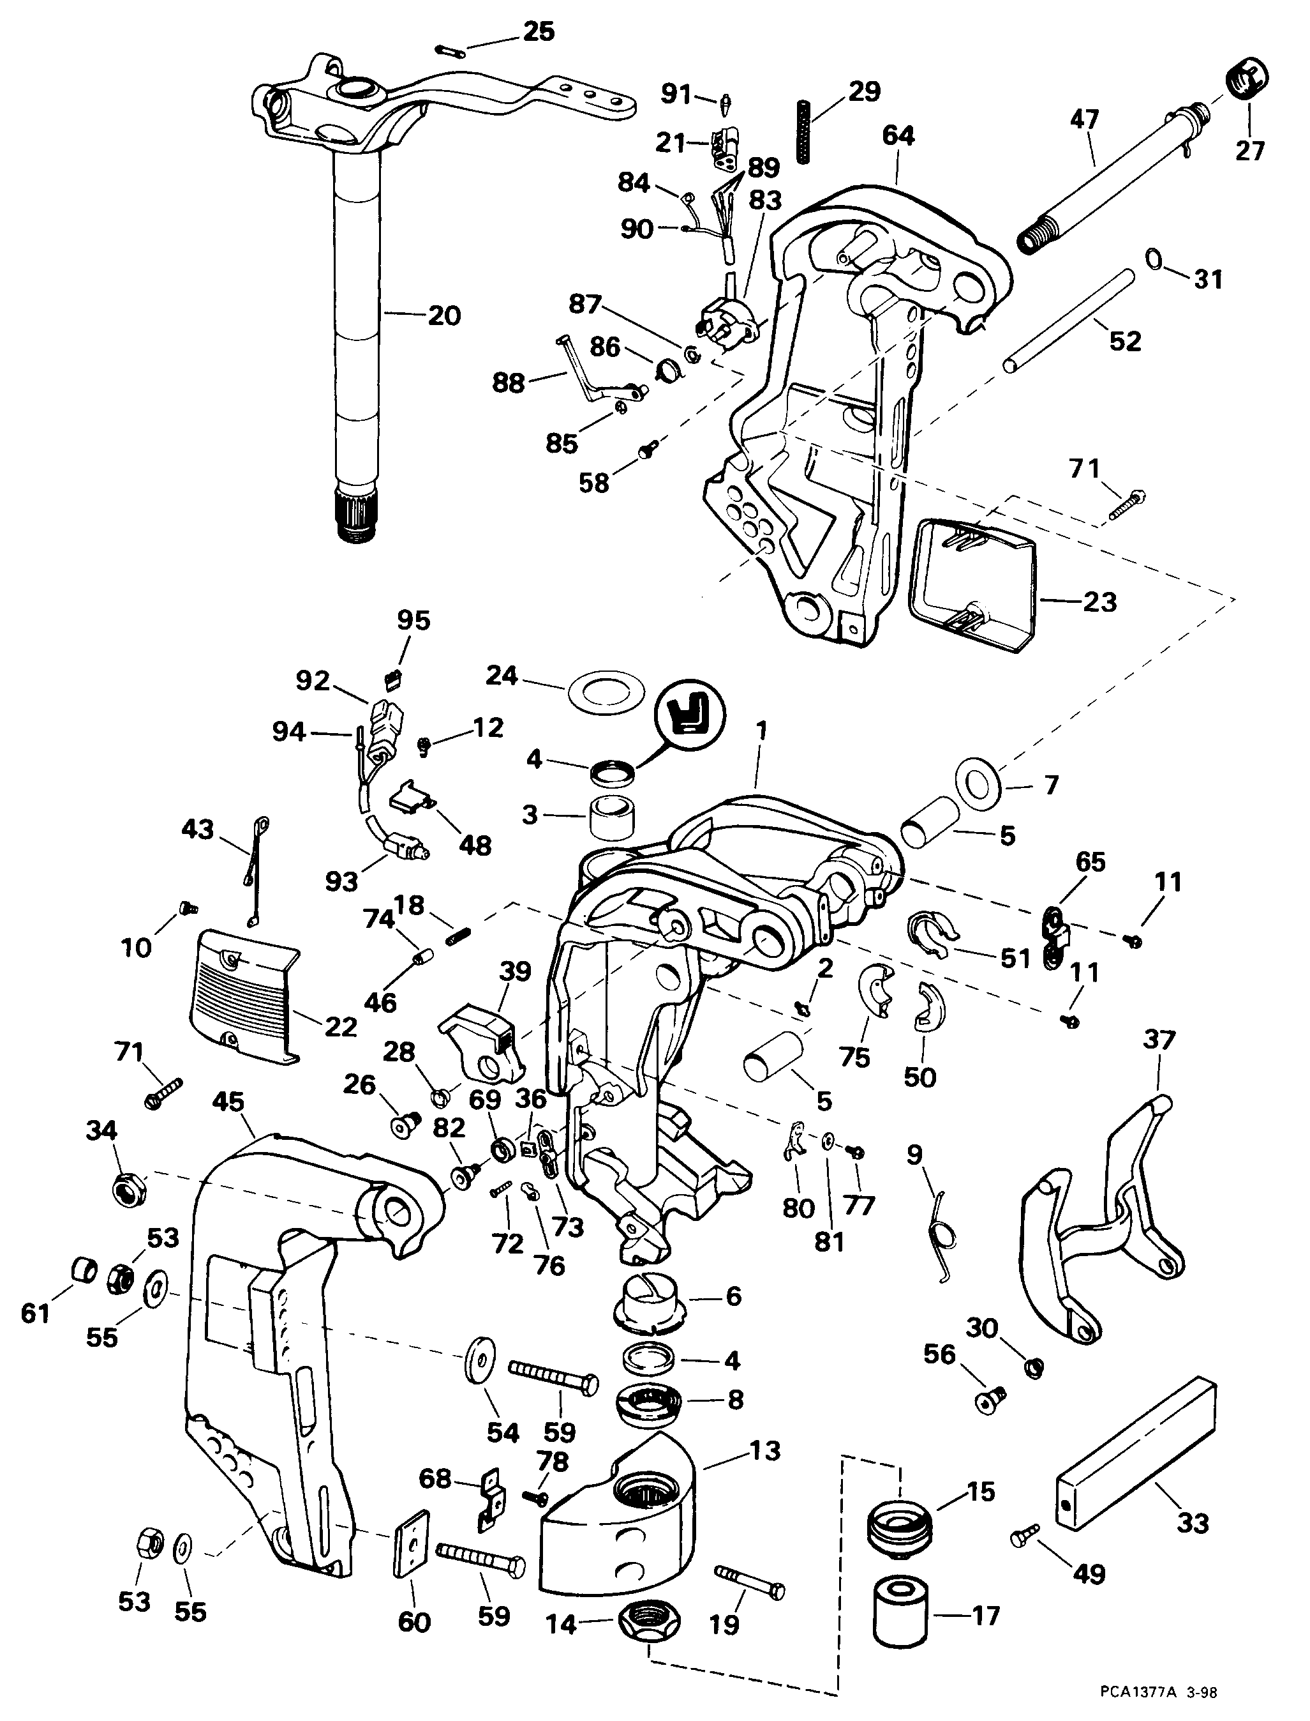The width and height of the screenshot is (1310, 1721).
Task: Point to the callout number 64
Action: click(898, 136)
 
